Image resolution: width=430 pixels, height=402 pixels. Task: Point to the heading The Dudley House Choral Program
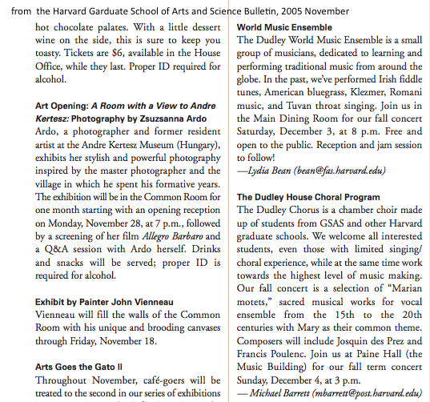[308, 197]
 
